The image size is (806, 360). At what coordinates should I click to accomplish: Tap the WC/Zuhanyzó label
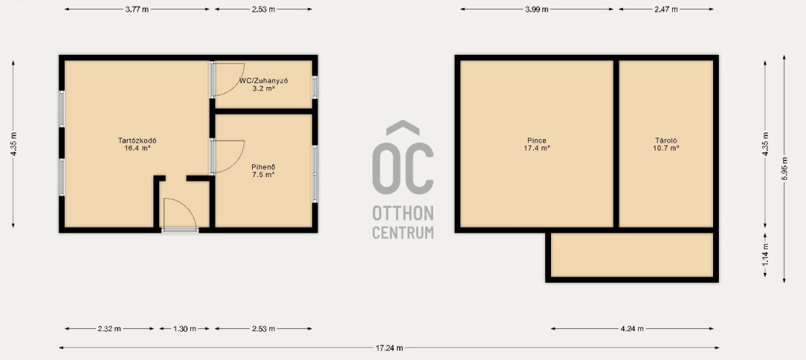pos(263,81)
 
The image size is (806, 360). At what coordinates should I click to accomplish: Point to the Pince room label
pos(537,140)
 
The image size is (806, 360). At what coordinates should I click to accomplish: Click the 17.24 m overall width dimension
pos(389,348)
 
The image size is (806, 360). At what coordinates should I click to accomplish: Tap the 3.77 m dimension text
pos(138,9)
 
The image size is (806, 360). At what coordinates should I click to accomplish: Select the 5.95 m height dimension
pos(784,168)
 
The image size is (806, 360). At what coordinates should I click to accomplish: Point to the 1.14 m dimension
pos(766,255)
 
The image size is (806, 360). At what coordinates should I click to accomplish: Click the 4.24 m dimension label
pos(632,328)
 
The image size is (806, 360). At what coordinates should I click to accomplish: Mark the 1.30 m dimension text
pos(184,328)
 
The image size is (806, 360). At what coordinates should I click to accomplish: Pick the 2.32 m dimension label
pos(109,328)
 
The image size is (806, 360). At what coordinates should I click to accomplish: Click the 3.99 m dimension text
pos(537,9)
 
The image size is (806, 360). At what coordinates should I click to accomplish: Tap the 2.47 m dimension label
pos(666,9)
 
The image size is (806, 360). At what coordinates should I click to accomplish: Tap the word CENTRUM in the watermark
pos(403,232)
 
